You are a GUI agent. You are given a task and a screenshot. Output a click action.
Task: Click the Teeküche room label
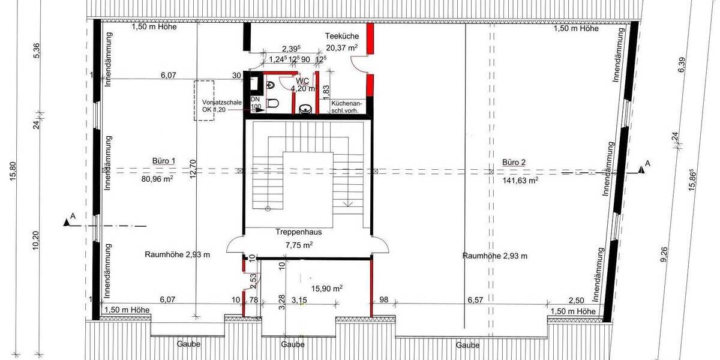pyautogui.click(x=342, y=36)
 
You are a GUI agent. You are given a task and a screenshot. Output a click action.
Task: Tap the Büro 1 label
pyautogui.click(x=163, y=161)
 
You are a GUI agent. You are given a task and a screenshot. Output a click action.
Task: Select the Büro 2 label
pyautogui.click(x=514, y=162)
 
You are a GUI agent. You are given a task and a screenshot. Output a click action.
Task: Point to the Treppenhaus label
pyautogui.click(x=296, y=232)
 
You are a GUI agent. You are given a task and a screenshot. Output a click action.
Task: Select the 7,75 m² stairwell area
pyautogui.click(x=299, y=245)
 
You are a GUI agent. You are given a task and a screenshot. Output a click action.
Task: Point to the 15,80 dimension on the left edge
pyautogui.click(x=22, y=172)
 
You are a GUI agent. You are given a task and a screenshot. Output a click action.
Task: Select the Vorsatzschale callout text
pyautogui.click(x=222, y=103)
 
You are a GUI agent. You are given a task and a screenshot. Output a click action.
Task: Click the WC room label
pyautogui.click(x=302, y=80)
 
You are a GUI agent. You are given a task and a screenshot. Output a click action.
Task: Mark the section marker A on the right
pyautogui.click(x=647, y=163)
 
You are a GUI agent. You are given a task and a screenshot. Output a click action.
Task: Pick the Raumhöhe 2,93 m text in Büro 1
pyautogui.click(x=177, y=255)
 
